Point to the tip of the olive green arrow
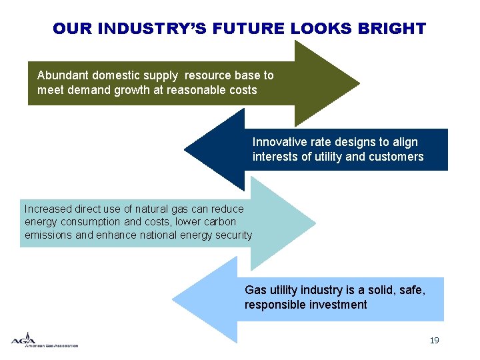coord(359,83)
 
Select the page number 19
coord(434,341)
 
